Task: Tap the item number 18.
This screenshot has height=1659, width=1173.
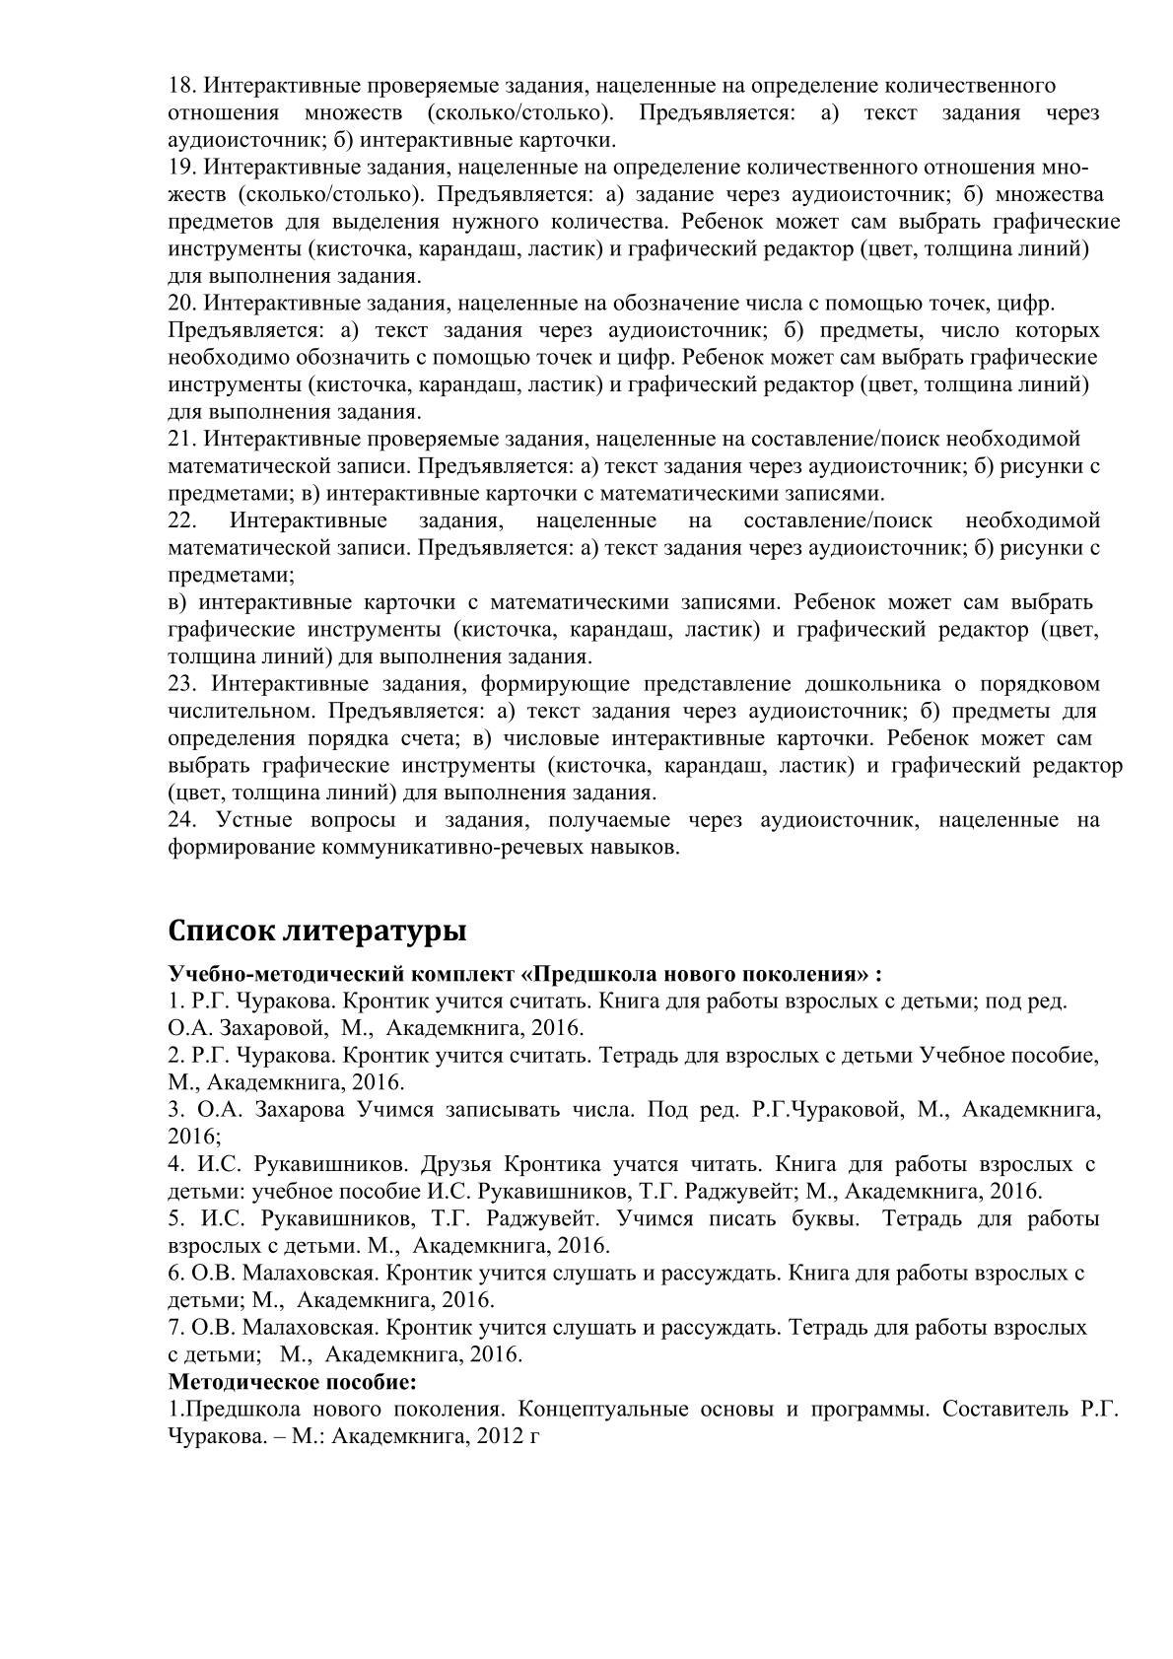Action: (x=182, y=86)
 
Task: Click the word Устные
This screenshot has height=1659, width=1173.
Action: (x=257, y=820)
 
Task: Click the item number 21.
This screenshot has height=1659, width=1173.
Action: (x=182, y=439)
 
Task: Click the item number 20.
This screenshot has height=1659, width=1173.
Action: (x=182, y=303)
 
